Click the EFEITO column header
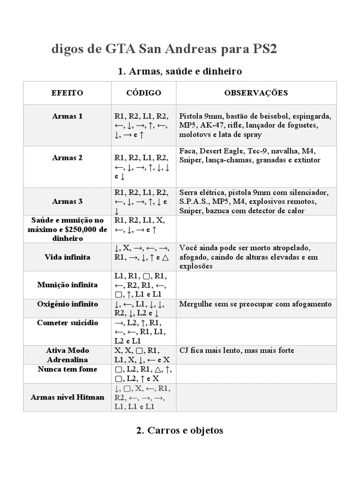click(x=67, y=93)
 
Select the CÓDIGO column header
click(x=143, y=93)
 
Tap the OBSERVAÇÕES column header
click(x=256, y=93)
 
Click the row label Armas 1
click(x=67, y=116)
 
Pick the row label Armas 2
click(x=67, y=157)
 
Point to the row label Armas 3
click(x=67, y=202)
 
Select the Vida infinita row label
click(x=67, y=257)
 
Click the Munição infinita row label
click(x=67, y=285)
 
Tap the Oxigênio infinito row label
click(x=67, y=304)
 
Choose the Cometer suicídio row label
click(x=67, y=322)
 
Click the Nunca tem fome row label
click(x=67, y=369)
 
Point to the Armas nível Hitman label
click(x=67, y=397)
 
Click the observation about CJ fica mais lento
click(x=237, y=350)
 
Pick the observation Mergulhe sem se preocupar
click(x=255, y=304)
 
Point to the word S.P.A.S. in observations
click(x=195, y=202)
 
